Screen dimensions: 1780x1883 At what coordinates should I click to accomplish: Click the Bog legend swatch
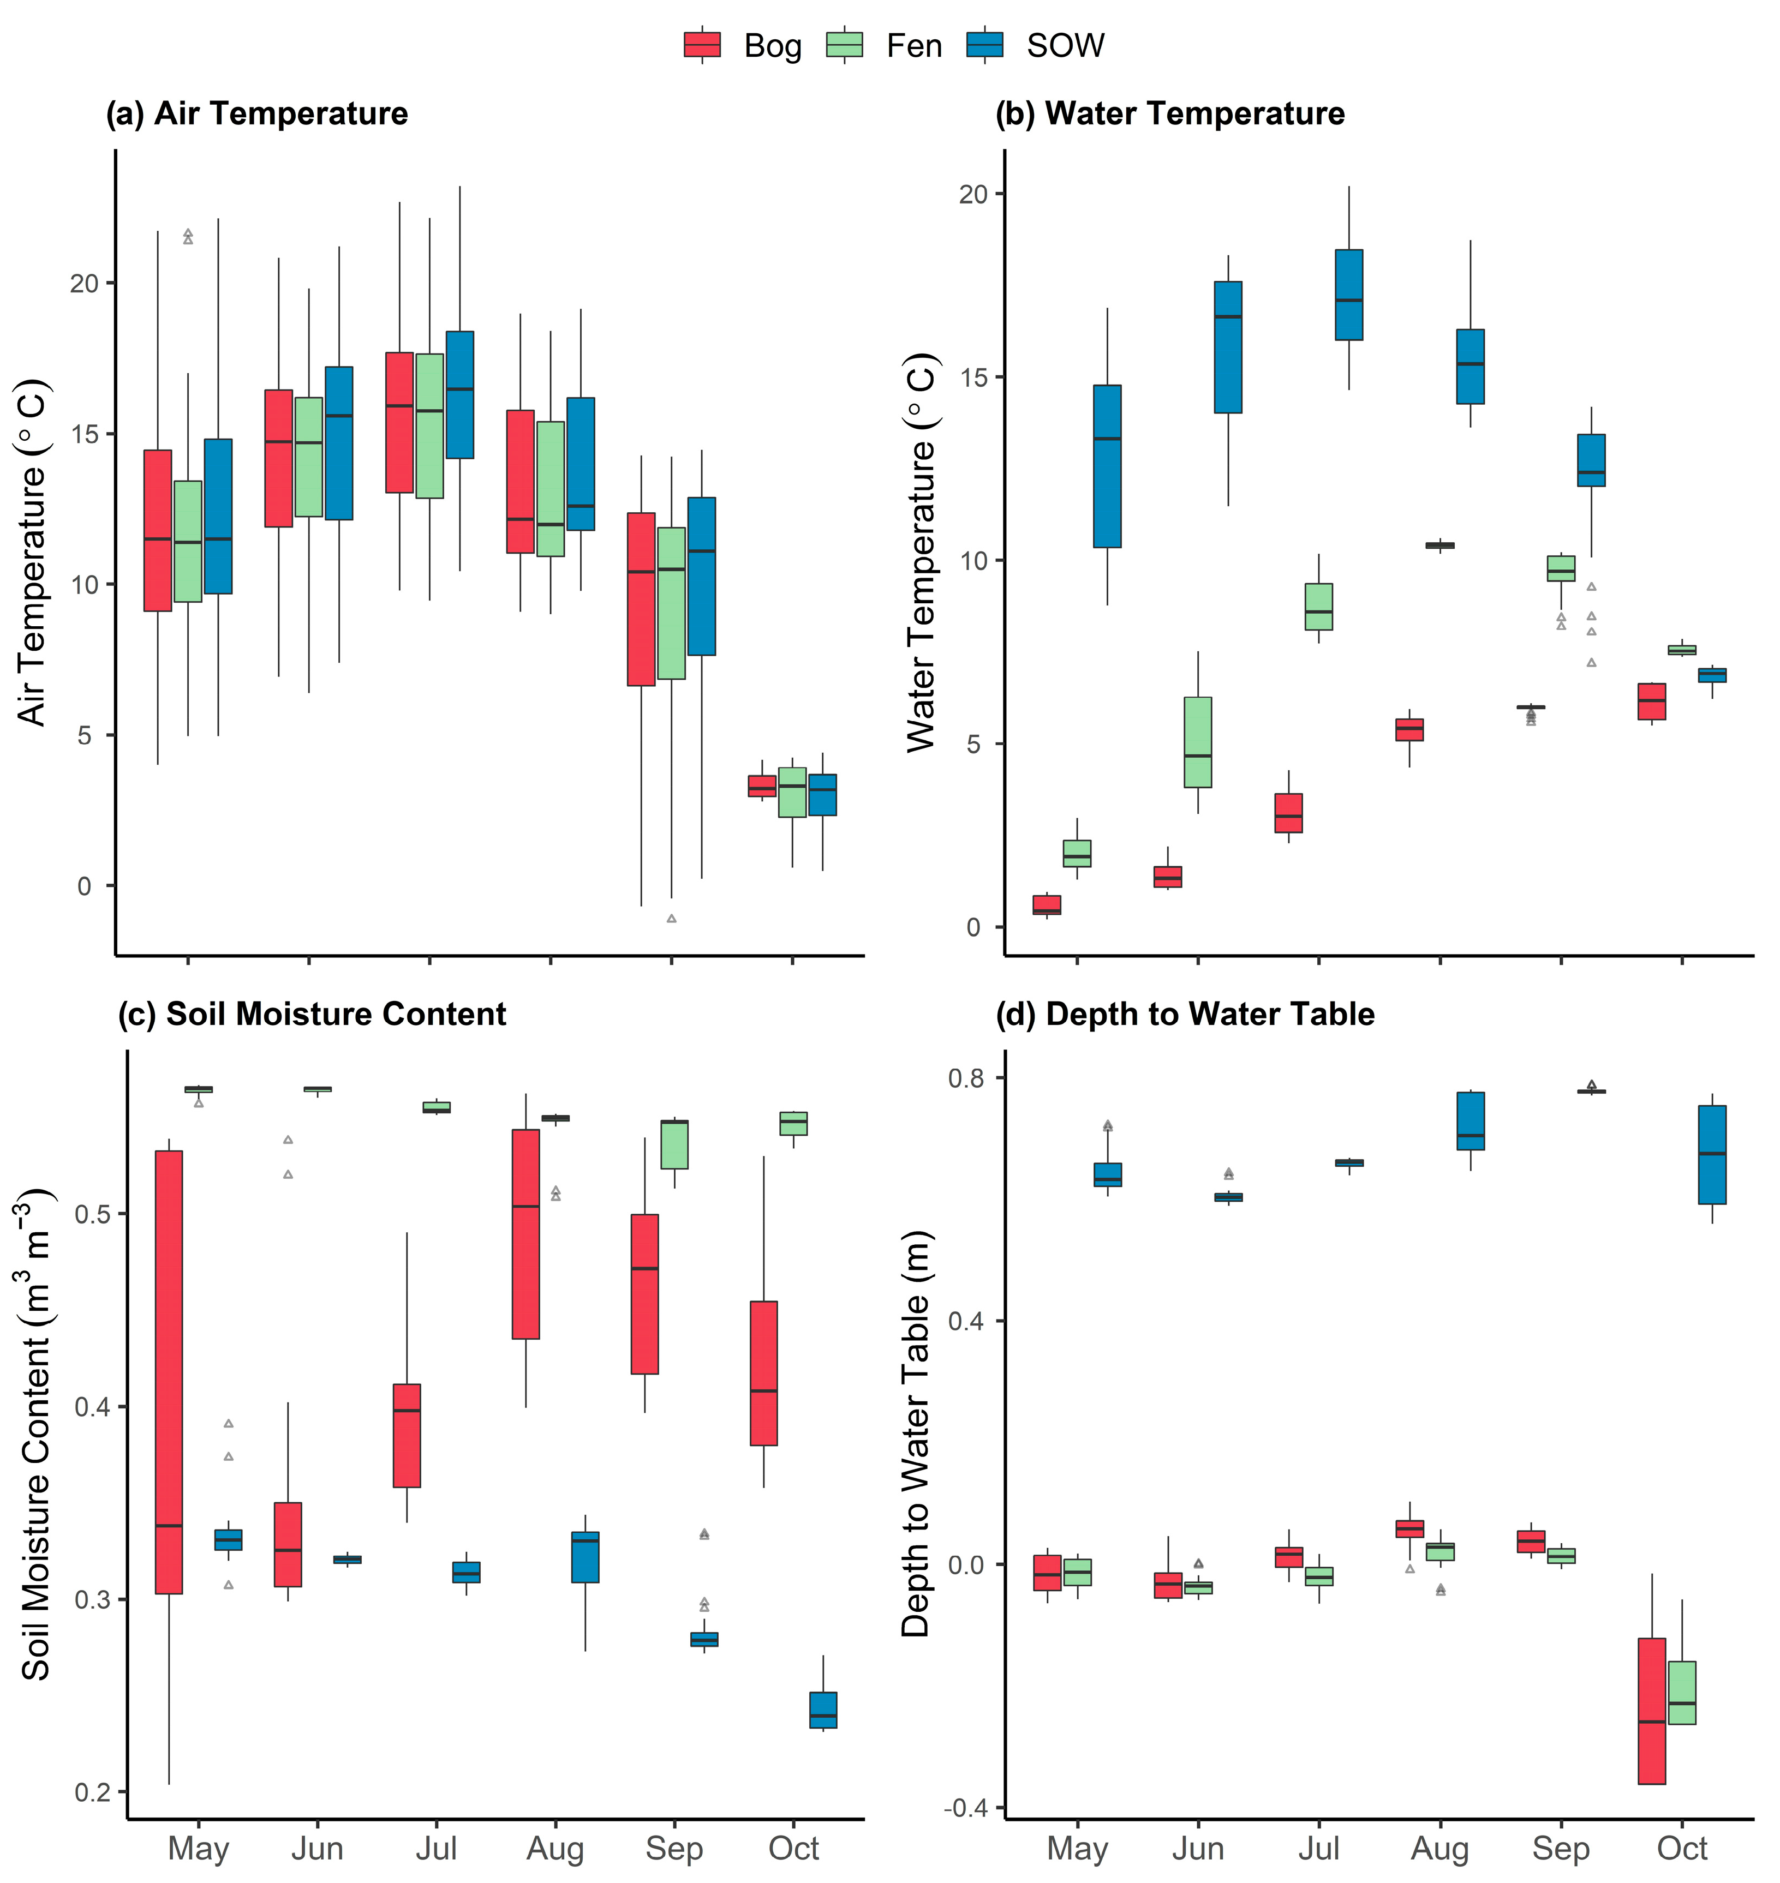coord(702,45)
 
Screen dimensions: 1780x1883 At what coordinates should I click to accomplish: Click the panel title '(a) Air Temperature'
coord(257,114)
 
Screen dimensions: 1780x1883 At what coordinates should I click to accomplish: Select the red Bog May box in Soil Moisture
coord(169,1372)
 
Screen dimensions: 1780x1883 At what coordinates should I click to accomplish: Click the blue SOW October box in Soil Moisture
coord(823,1710)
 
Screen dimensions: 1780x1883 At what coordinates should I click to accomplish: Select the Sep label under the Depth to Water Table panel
coord(1561,1848)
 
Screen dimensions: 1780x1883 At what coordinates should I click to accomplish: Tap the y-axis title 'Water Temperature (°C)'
coord(921,553)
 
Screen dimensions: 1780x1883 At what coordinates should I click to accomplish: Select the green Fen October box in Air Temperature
coord(792,792)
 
